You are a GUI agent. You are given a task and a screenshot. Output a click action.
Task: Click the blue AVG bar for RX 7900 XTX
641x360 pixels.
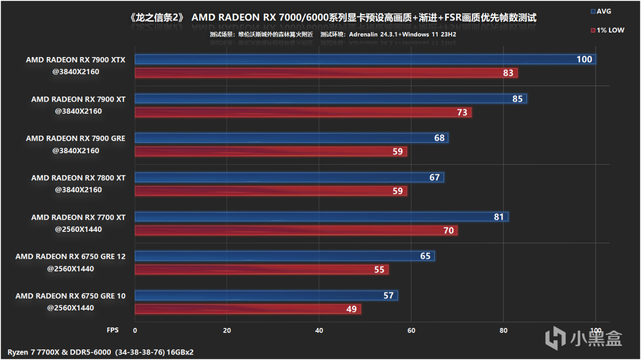(x=365, y=60)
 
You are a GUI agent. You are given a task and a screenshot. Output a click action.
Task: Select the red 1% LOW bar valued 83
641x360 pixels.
(x=326, y=73)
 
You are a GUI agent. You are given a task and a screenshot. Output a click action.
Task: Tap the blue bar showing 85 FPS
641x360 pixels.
(x=331, y=99)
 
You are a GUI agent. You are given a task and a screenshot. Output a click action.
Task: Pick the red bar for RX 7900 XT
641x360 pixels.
(x=303, y=112)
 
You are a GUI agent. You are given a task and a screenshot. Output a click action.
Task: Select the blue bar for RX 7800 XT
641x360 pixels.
(x=289, y=177)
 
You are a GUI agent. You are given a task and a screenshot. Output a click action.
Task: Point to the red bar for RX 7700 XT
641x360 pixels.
(x=296, y=230)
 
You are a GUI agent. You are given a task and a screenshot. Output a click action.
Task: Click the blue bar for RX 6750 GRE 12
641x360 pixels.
(x=284, y=256)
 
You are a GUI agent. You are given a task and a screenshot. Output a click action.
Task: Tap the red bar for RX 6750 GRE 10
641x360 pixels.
(x=247, y=309)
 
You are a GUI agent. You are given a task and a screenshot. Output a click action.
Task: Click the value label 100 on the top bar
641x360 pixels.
(x=584, y=60)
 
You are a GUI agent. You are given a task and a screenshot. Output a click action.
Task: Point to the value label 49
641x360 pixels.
(x=352, y=309)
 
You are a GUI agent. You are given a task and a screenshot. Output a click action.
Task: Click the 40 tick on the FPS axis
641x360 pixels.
(x=319, y=330)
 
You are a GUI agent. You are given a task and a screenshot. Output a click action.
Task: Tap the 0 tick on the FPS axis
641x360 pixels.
(x=135, y=330)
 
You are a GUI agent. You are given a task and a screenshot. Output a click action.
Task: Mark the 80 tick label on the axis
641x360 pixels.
(x=503, y=330)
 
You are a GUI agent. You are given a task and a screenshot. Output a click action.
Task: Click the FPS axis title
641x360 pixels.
(x=113, y=330)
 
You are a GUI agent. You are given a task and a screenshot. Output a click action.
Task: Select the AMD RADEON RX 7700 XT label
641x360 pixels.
(x=78, y=217)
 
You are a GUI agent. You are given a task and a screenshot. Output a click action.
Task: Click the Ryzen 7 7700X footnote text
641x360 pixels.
(x=101, y=352)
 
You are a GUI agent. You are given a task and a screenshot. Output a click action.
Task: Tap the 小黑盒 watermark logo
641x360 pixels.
(x=583, y=338)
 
